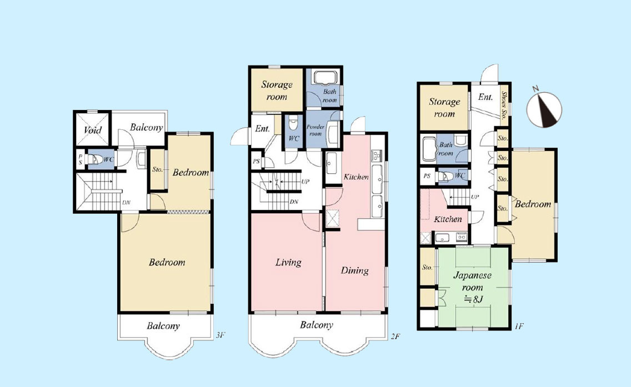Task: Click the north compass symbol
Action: [x=544, y=109]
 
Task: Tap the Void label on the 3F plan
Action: [x=93, y=130]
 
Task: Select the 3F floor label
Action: [x=220, y=334]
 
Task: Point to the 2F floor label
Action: [x=395, y=336]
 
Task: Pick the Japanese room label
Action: [x=473, y=282]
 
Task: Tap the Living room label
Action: [x=288, y=263]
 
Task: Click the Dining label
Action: [x=354, y=270]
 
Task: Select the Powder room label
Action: [x=315, y=130]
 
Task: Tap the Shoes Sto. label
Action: [x=504, y=106]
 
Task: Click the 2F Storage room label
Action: [x=277, y=91]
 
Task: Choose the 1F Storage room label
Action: [x=444, y=108]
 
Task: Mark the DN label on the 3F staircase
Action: [x=126, y=202]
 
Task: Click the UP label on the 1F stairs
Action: [x=475, y=197]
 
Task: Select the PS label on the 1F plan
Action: [x=427, y=176]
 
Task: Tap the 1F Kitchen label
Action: [x=448, y=219]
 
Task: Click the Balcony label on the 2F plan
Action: [x=316, y=325]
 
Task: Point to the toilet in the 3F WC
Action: [x=94, y=160]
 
